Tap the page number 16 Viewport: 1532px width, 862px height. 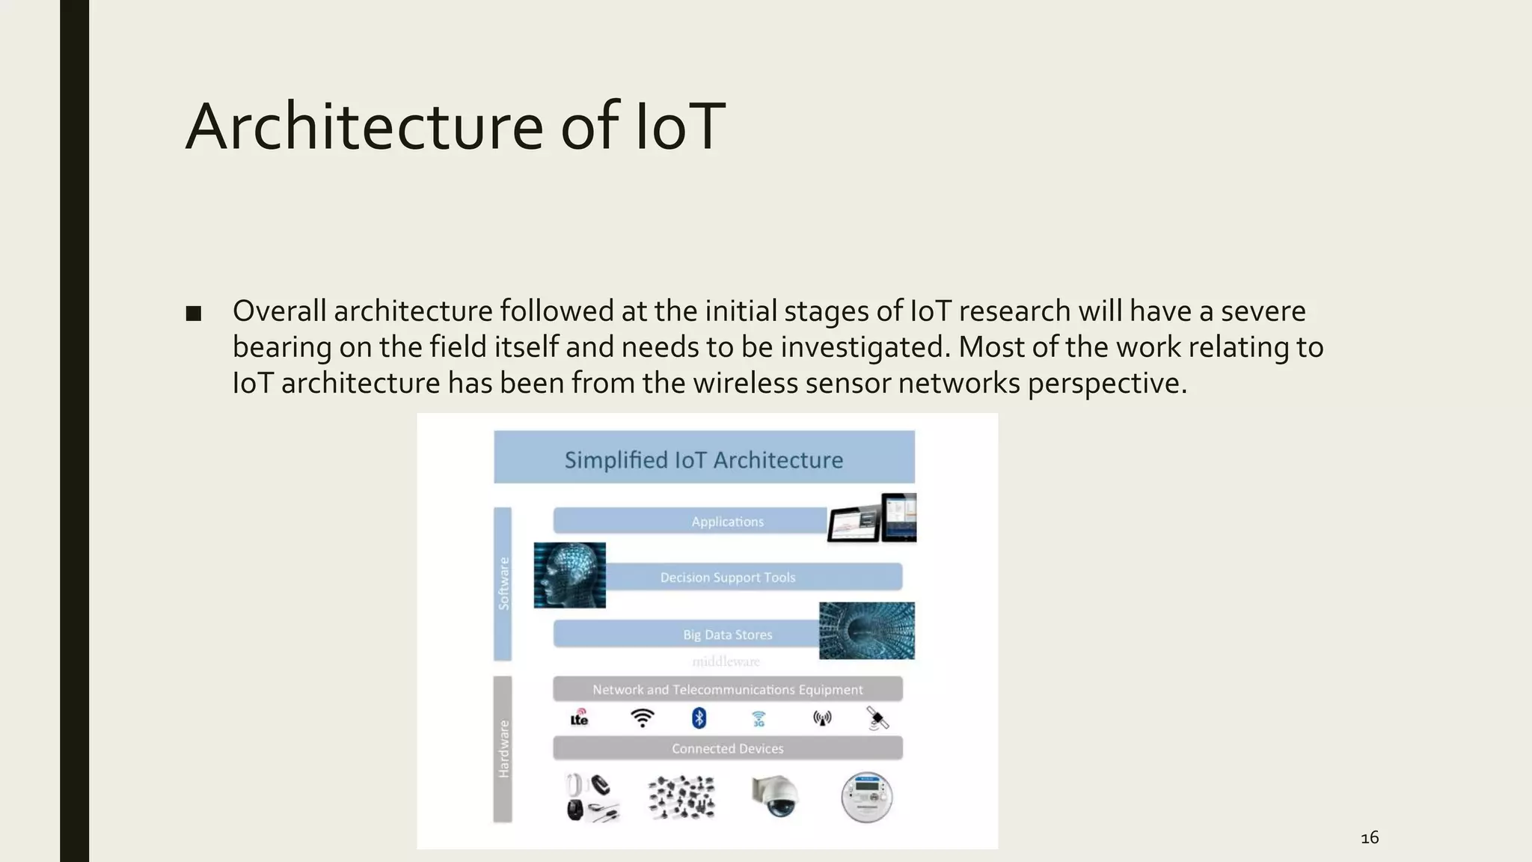coord(1370,838)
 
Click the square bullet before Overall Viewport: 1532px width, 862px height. coord(194,314)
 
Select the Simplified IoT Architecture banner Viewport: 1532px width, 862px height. coord(704,458)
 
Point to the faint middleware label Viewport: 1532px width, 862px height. coord(726,661)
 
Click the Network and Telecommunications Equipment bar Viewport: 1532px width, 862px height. coord(727,689)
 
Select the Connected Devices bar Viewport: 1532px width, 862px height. coord(727,748)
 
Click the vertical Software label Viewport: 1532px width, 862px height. coord(503,584)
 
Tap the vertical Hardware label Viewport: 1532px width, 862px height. coord(503,749)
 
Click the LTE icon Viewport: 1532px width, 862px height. coord(579,718)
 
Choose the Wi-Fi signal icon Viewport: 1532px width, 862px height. coord(642,718)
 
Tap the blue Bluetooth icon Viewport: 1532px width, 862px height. coord(699,718)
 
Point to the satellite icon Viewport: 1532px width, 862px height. coord(877,718)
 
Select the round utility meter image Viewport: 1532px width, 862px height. coord(866,798)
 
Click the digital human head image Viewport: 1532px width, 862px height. coord(570,575)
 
